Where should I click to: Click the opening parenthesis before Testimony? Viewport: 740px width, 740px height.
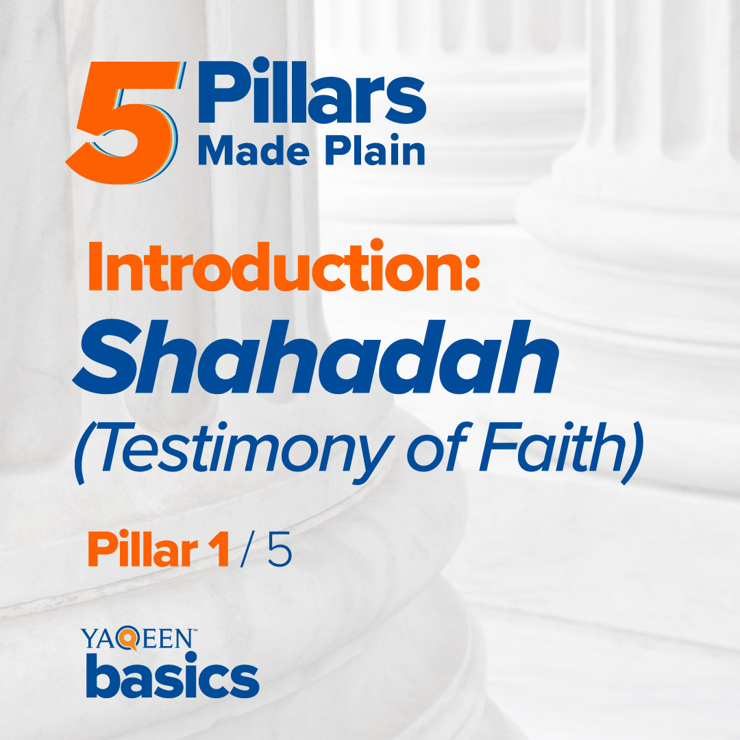(x=83, y=456)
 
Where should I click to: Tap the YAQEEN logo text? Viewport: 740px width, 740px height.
(x=137, y=641)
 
